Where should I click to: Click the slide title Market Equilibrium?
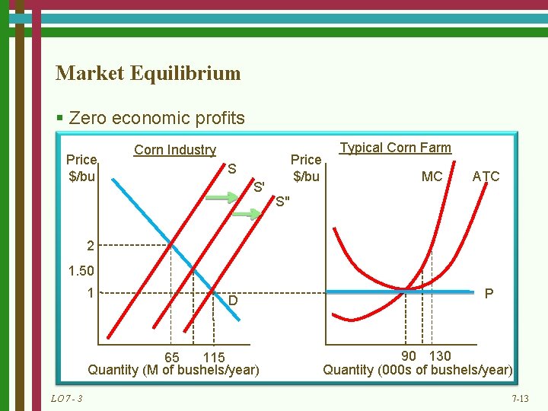(148, 73)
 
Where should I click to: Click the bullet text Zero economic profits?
(156, 118)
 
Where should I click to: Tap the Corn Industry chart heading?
(174, 150)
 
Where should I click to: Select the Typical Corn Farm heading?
(395, 148)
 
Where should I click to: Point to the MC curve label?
(432, 177)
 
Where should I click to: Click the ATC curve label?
(486, 177)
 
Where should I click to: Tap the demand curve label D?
(234, 302)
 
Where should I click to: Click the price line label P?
(489, 294)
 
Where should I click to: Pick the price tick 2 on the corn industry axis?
(91, 246)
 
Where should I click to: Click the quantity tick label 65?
(172, 357)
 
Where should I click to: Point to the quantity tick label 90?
(409, 355)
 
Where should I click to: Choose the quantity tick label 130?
(440, 355)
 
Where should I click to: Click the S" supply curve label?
(282, 202)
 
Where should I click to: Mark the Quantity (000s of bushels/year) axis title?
(418, 370)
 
